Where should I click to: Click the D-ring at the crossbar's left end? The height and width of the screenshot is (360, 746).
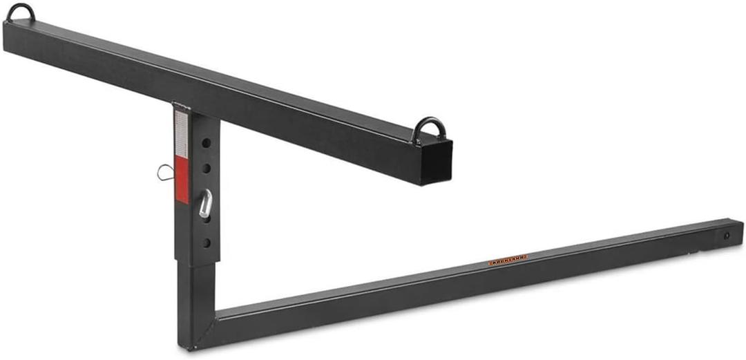21,11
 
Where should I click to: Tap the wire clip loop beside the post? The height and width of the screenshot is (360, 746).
164,171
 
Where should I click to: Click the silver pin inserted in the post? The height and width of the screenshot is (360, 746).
205,205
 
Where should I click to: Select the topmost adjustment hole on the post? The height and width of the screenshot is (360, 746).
206,144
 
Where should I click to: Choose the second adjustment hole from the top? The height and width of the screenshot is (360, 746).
206,168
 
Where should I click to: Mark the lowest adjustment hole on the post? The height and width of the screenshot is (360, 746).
206,243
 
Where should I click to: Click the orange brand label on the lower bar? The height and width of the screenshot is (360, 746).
508,260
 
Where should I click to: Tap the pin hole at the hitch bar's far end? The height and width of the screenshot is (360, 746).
725,236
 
